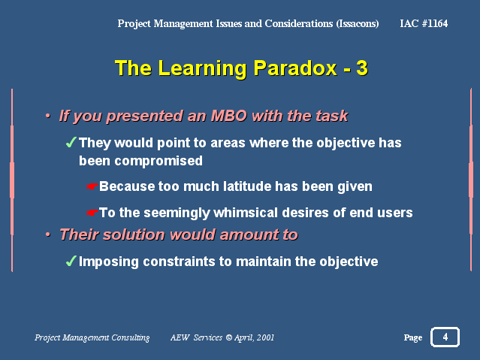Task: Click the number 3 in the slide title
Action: point(362,68)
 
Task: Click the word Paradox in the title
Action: point(295,68)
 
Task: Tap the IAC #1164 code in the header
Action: point(424,23)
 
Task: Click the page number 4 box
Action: point(445,337)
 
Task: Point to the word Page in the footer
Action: point(413,337)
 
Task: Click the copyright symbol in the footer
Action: point(229,337)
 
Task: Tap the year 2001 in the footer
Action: point(265,337)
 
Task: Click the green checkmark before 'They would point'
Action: point(71,142)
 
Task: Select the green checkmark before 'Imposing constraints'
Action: point(71,261)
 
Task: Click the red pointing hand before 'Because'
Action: point(92,186)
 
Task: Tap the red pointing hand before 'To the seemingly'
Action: point(92,213)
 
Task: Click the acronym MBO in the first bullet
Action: point(228,116)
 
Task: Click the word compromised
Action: point(158,161)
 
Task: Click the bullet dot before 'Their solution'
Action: point(48,234)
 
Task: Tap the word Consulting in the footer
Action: point(131,337)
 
